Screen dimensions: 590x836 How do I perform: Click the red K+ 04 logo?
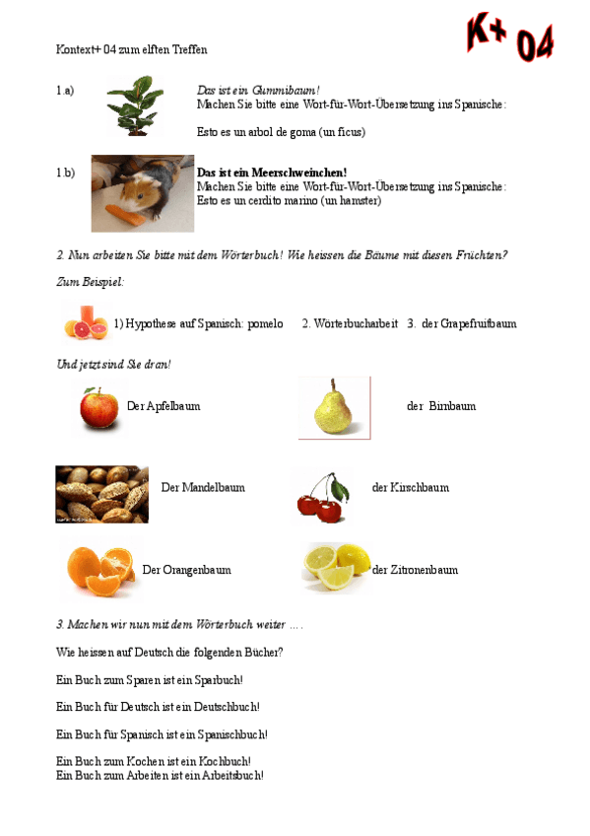pos(509,38)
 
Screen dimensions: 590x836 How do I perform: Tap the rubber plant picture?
pos(135,105)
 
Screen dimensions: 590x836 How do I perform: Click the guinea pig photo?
pos(142,192)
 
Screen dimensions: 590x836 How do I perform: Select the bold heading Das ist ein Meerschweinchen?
pos(272,173)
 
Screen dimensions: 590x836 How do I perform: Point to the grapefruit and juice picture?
pos(84,321)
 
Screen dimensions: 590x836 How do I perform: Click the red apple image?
pos(99,407)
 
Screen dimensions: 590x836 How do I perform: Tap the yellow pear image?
pos(334,407)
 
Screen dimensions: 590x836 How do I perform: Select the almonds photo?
pos(101,494)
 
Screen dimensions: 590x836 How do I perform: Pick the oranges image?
pos(99,570)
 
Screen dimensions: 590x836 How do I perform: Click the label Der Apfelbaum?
pos(164,406)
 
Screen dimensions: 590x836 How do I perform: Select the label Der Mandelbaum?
pos(203,487)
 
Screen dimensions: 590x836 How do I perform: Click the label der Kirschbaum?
pos(410,487)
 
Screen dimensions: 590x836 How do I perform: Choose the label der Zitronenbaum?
pos(415,570)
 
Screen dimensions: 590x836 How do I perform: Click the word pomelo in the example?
pos(264,323)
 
